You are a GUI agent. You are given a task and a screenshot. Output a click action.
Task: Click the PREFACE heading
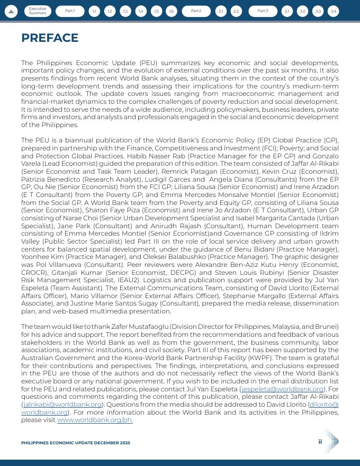pos(50,38)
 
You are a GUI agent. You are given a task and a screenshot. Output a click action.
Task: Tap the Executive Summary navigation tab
pos(38,11)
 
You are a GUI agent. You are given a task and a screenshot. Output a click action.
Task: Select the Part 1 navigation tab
pos(70,11)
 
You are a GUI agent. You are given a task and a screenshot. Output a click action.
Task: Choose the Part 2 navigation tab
pos(196,11)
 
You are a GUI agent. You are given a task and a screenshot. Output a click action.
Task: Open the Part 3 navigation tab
pos(263,11)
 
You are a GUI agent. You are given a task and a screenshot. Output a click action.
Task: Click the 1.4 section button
pos(141,11)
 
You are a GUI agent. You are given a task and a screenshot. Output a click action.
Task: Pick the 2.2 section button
pos(236,11)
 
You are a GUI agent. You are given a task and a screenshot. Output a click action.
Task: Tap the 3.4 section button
pos(333,11)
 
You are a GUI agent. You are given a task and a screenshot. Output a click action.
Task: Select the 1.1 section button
pos(94,11)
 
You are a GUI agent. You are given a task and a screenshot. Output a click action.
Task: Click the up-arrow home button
pos(12,11)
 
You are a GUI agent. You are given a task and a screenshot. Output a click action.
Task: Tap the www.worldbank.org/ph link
pos(95,420)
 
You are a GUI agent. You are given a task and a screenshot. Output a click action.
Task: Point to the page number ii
pos(320,442)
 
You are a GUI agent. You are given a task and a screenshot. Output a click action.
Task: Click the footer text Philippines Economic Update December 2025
pos(76,443)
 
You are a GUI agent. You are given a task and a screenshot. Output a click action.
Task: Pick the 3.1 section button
pos(287,11)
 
